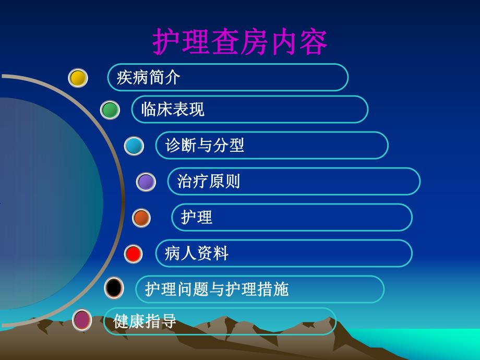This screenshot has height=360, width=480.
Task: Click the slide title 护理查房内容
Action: click(x=240, y=42)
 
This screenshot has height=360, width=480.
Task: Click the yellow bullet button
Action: click(x=78, y=78)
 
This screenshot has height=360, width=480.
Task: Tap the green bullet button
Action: click(x=110, y=110)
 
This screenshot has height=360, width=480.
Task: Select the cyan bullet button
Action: click(x=134, y=146)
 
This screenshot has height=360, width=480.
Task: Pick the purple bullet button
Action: click(x=146, y=182)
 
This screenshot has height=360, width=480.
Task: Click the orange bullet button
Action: click(x=141, y=218)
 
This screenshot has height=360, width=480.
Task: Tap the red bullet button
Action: click(x=134, y=254)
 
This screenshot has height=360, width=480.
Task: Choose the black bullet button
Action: click(x=114, y=288)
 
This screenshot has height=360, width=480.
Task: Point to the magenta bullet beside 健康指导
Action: click(x=81, y=320)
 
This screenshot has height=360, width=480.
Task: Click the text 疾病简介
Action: click(x=148, y=78)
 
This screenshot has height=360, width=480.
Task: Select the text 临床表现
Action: click(x=173, y=110)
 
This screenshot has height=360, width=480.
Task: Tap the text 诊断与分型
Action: click(x=205, y=146)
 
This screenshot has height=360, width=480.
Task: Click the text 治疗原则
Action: click(x=209, y=182)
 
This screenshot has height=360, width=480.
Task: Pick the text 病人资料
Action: click(x=197, y=254)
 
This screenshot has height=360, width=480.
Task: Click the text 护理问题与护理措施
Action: click(x=217, y=290)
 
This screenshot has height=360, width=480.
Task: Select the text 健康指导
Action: click(x=145, y=321)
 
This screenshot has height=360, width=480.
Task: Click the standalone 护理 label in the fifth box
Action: click(x=197, y=218)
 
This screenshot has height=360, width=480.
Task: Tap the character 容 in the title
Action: click(x=314, y=42)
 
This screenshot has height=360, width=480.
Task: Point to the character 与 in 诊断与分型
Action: click(x=205, y=146)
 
